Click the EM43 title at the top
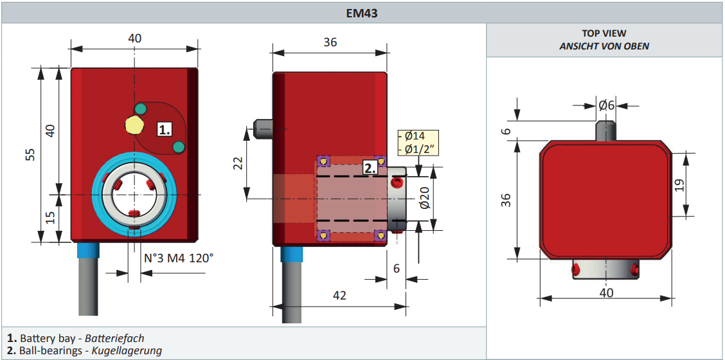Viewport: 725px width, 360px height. (362, 12)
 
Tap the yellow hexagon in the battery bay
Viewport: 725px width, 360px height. (134, 124)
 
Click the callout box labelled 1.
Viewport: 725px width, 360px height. (165, 129)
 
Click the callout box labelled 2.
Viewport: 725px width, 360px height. (370, 168)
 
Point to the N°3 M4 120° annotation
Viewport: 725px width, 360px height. (178, 258)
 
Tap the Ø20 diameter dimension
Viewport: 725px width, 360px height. (424, 198)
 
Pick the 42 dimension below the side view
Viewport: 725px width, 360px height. (339, 295)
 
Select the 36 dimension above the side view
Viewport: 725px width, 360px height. (330, 42)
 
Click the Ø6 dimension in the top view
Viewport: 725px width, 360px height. (607, 105)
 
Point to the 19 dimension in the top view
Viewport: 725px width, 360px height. (679, 185)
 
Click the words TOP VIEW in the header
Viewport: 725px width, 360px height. (604, 33)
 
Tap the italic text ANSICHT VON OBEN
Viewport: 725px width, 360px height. (604, 46)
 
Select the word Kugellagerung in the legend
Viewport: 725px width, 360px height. (127, 350)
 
